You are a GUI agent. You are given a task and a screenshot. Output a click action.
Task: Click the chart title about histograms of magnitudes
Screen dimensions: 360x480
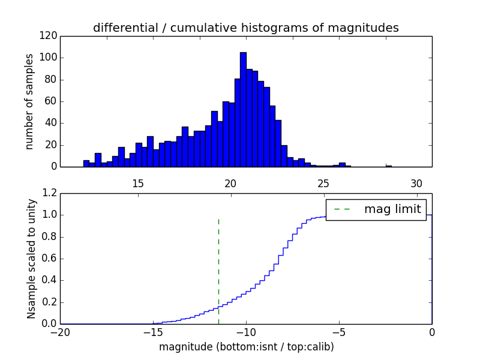tap(245, 28)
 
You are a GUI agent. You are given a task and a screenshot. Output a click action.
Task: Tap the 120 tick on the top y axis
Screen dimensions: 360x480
tap(50, 36)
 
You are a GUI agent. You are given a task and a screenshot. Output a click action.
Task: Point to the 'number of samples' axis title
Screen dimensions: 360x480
tap(29, 101)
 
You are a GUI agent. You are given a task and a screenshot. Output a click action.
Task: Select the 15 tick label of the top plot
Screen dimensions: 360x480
tap(137, 184)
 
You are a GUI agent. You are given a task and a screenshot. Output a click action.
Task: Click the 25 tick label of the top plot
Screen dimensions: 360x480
tap(323, 184)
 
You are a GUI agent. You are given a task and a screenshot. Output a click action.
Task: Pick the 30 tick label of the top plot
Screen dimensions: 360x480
tap(416, 184)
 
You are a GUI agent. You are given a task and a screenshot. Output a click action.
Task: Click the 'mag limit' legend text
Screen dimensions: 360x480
tap(392, 209)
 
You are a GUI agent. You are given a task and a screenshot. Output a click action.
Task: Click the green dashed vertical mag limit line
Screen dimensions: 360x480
tap(218, 270)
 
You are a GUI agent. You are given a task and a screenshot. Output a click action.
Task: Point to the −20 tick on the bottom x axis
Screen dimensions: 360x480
tap(61, 332)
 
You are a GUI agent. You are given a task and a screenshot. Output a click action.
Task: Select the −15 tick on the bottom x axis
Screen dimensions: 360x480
tap(153, 332)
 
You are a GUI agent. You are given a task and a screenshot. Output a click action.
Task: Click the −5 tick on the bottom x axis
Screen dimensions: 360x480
tap(339, 332)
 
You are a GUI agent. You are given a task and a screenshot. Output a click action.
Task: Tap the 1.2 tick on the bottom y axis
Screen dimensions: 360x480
tap(50, 193)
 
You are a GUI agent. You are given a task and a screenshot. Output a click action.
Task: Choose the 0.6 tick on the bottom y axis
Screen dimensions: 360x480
tap(50, 259)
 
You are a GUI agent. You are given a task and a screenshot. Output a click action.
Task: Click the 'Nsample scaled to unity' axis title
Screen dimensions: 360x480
tap(32, 259)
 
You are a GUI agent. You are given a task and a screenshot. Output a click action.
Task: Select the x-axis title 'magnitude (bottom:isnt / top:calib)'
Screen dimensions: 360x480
tap(246, 347)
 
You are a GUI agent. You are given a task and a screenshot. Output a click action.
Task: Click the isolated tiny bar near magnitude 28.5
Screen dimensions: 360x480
tap(388, 166)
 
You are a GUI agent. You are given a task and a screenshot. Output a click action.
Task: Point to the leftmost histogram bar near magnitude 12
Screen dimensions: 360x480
tap(86, 163)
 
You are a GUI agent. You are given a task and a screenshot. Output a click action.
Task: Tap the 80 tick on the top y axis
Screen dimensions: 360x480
tap(50, 80)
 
